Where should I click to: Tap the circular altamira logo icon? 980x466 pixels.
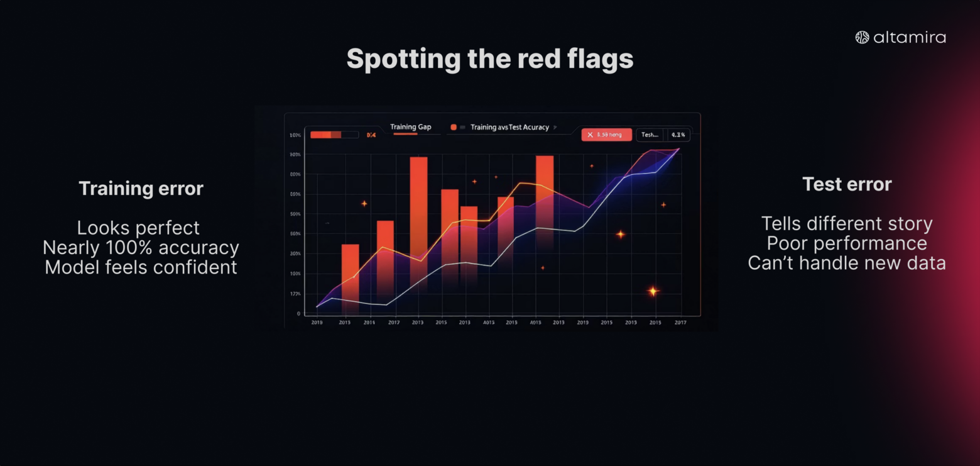coord(862,38)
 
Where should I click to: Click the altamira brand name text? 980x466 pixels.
coord(909,38)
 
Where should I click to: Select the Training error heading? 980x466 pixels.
coord(141,189)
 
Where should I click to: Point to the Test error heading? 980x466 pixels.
coord(847,184)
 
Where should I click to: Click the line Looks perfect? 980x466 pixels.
coord(138,228)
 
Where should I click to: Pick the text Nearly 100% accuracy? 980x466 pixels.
coord(141,248)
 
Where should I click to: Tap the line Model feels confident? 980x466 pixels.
coord(141,267)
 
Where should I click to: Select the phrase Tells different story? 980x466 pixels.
coord(847,224)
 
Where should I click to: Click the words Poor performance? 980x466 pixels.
coord(847,243)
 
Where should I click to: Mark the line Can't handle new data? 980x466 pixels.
coord(847,263)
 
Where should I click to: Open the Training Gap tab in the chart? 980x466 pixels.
coord(411,127)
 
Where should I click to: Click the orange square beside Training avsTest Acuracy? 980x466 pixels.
coord(454,127)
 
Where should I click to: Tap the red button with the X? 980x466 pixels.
coord(606,135)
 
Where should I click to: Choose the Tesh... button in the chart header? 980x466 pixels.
coord(650,135)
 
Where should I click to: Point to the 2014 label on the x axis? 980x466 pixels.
coord(369,323)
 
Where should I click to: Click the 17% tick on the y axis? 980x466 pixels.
coord(295,294)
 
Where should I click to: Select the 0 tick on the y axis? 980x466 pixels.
coord(298,313)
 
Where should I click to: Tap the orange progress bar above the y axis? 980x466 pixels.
coord(325,135)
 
